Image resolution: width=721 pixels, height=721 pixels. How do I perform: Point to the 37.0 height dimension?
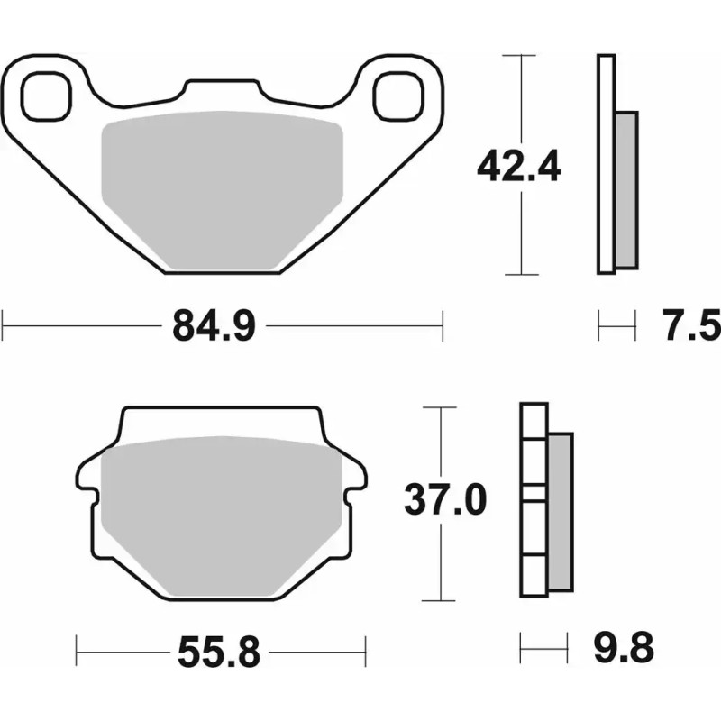(x=444, y=499)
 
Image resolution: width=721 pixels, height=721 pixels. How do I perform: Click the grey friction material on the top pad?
(x=223, y=189)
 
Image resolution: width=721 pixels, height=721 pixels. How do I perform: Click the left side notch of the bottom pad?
(x=87, y=492)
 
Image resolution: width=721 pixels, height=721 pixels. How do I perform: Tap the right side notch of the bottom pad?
(x=356, y=492)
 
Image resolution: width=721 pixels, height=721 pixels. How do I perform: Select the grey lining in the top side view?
(x=625, y=189)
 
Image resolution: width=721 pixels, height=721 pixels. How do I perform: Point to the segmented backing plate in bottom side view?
(x=534, y=500)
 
